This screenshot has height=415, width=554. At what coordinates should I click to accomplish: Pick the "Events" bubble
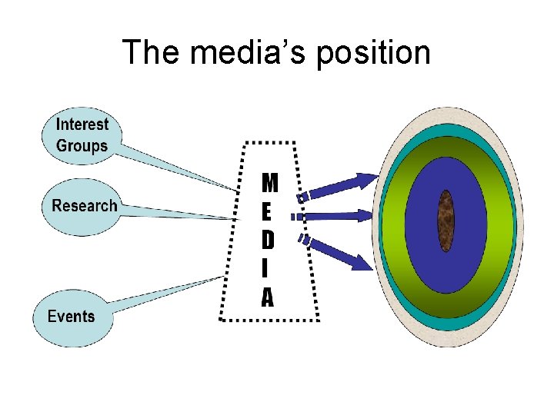[71, 317]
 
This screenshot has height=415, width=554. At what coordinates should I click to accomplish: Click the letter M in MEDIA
[270, 183]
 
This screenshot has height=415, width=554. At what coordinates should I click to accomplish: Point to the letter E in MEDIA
[267, 211]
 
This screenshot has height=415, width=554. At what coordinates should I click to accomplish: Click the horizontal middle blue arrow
[339, 217]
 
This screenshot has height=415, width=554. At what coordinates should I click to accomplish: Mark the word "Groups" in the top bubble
[82, 145]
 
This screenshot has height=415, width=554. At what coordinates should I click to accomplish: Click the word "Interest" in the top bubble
[82, 124]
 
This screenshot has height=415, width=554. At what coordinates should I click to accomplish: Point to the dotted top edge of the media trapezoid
[269, 142]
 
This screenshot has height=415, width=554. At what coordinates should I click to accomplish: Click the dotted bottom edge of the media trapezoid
[269, 319]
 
